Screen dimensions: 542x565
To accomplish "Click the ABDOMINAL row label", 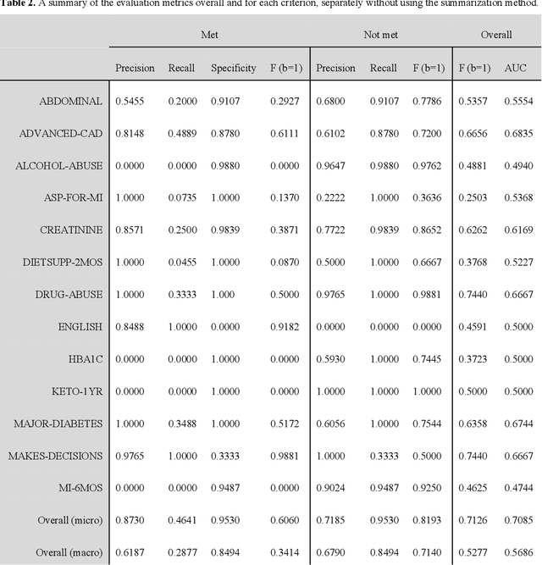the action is (71, 101).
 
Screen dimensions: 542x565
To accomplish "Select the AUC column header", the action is (516, 68).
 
